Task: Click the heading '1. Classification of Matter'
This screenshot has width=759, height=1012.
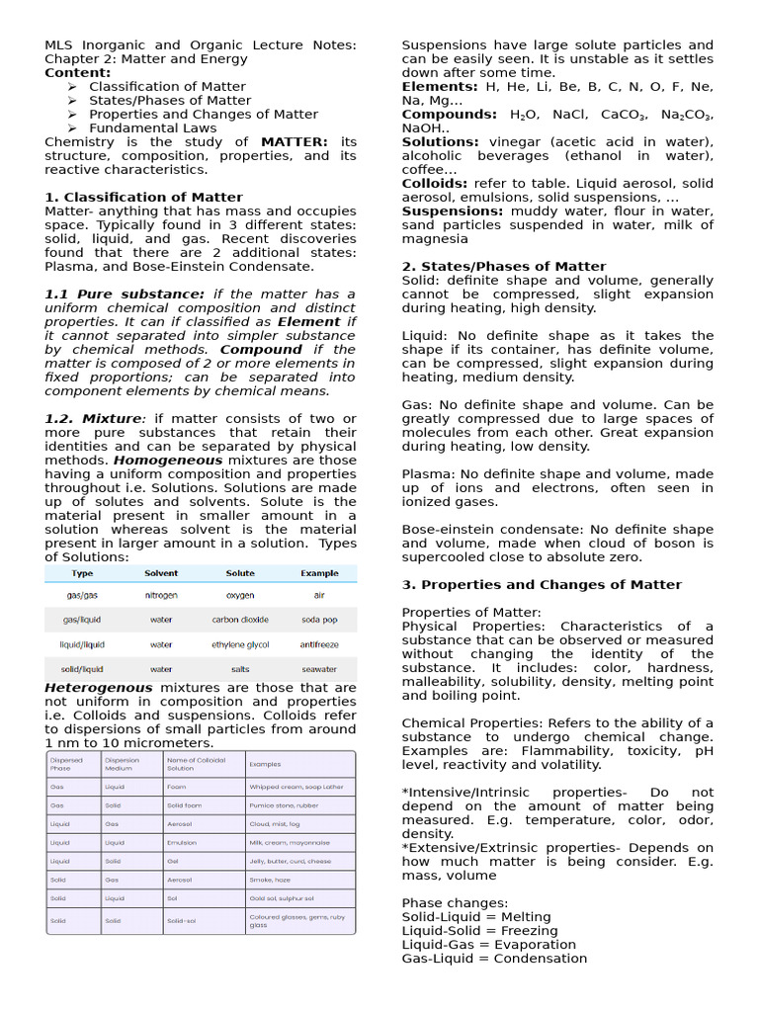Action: click(143, 198)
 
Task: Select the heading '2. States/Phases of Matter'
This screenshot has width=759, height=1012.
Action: click(504, 267)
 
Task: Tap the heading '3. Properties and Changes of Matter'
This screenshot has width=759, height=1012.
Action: click(542, 585)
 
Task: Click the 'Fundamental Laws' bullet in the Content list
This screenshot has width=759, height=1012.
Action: click(153, 128)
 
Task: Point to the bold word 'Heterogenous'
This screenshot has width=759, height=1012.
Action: click(99, 688)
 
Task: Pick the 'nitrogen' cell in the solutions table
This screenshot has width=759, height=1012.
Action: click(161, 596)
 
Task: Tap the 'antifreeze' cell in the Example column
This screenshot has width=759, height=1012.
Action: click(319, 644)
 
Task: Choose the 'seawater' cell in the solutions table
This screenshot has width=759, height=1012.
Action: click(319, 669)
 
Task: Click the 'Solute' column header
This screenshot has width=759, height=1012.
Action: click(240, 573)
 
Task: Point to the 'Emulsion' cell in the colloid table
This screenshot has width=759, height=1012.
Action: click(182, 843)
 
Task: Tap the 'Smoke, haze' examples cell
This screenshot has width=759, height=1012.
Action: click(270, 879)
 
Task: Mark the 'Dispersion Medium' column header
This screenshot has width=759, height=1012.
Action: click(123, 764)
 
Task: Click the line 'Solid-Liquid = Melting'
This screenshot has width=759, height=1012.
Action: click(476, 917)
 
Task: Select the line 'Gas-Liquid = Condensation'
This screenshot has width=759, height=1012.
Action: click(494, 959)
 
